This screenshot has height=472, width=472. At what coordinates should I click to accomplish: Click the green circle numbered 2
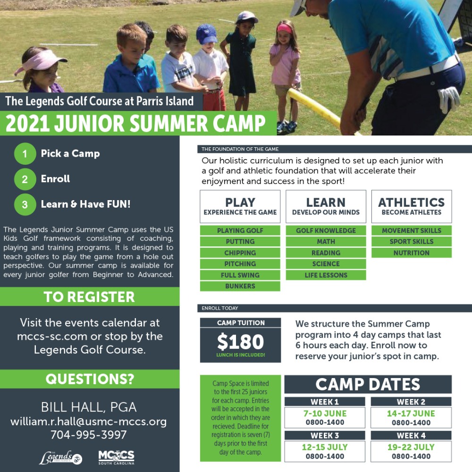25,179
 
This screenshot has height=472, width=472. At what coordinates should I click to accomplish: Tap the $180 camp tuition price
240,342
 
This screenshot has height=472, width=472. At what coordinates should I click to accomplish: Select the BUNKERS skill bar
240,286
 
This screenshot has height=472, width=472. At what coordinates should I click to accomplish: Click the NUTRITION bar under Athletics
411,253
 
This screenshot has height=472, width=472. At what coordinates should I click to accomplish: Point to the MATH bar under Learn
326,242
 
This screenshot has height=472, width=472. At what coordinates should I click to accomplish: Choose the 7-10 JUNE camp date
325,413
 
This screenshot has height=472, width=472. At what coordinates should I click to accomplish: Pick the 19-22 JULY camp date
411,447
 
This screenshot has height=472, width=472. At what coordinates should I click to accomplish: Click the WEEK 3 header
325,436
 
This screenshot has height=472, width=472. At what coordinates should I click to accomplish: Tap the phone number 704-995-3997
89,435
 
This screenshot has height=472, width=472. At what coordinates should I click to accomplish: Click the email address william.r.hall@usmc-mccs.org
89,421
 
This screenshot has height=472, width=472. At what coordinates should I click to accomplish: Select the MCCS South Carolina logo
116,457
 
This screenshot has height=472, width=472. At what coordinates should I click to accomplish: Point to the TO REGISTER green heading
89,297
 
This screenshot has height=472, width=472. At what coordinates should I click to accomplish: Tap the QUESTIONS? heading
90,379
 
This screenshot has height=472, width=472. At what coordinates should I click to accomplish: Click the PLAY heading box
240,206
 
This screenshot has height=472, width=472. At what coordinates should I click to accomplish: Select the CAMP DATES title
368,384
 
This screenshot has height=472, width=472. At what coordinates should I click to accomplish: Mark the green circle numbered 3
25,205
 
